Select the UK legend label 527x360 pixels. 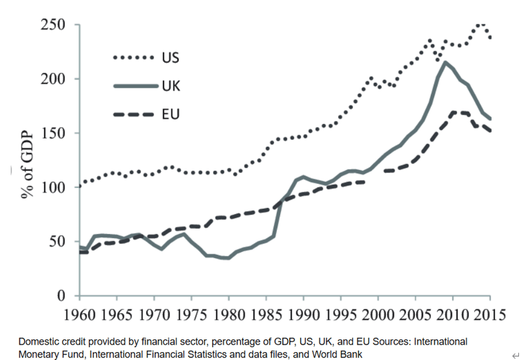point(171,85)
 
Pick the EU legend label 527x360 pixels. point(170,115)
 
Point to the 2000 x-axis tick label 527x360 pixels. point(378,313)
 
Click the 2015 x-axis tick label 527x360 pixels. point(489,313)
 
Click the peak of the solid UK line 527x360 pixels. point(445,63)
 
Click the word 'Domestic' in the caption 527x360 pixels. point(38,341)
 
